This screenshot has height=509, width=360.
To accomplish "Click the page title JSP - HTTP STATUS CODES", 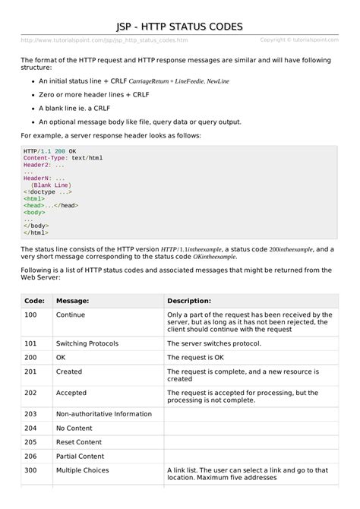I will click(x=179, y=27).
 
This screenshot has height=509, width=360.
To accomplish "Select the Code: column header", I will click(x=34, y=301).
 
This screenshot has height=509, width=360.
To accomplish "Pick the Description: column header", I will click(x=189, y=301).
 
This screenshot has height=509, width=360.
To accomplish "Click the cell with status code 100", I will click(x=30, y=315).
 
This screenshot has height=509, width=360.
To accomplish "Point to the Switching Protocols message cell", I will click(x=87, y=343).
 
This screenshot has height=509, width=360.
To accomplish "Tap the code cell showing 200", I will click(x=30, y=357).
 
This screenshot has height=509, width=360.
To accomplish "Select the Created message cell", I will click(x=69, y=371).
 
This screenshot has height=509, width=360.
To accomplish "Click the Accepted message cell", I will click(x=71, y=393).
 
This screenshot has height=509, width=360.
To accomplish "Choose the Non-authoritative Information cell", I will click(x=99, y=414).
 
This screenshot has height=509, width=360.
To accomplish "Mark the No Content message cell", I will click(x=76, y=428).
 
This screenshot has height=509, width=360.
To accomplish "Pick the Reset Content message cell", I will click(x=80, y=442).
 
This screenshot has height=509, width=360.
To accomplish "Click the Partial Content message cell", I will click(x=81, y=457).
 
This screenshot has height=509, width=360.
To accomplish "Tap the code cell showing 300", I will click(x=30, y=471).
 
